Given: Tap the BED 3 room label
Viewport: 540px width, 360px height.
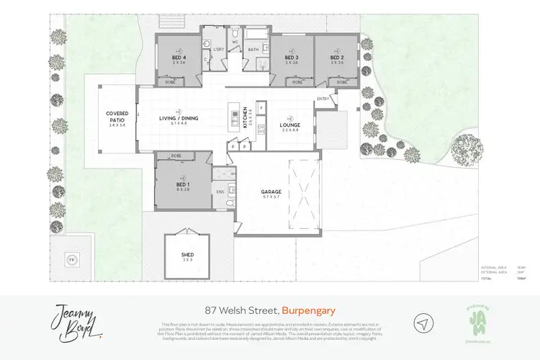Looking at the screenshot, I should click(291, 57).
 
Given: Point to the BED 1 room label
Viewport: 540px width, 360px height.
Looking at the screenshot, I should click(181, 185).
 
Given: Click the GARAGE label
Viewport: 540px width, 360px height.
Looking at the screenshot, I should click(271, 192).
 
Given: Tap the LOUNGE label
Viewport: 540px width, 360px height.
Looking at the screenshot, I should click(290, 125).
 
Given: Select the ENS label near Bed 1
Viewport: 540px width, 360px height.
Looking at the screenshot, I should click(220, 192).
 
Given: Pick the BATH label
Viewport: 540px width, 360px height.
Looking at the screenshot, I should click(254, 50).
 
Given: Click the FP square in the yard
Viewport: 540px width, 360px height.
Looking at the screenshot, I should click(71, 259).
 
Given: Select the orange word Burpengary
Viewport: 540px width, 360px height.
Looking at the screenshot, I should click(309, 310).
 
